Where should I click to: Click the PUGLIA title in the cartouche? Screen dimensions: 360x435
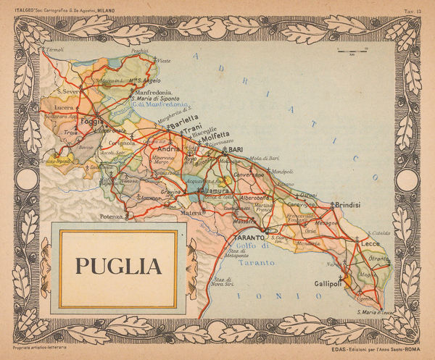click(x=119, y=266)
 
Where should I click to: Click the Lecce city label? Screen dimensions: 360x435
click(x=369, y=244)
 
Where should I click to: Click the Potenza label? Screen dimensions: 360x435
click(x=112, y=217)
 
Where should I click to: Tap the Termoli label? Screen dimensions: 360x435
click(x=55, y=50)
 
